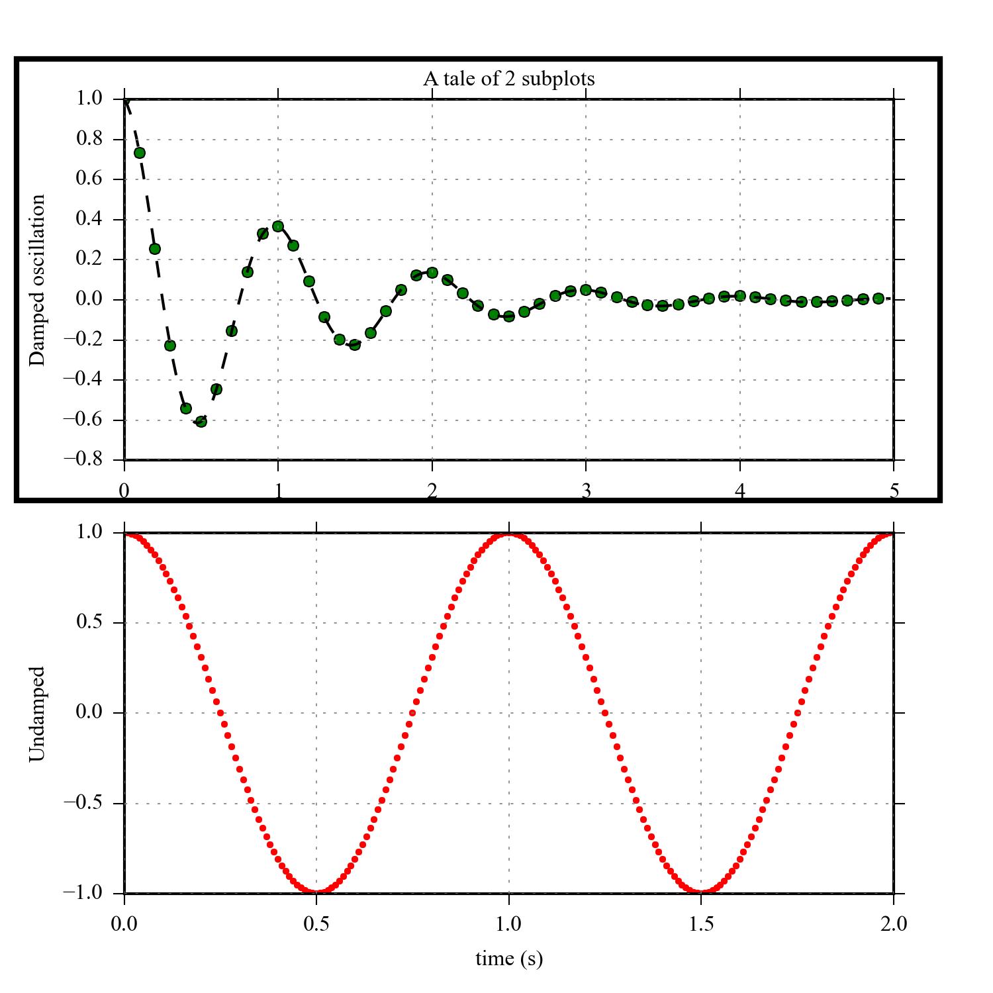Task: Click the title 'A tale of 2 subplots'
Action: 508,79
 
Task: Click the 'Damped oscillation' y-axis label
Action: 38,280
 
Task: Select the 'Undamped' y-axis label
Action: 38,714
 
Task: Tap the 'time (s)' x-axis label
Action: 508,958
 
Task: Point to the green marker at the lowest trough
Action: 201,421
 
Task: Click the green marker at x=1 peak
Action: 278,226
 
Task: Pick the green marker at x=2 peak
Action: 432,272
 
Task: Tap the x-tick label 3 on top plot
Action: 586,491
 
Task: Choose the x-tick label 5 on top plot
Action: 894,491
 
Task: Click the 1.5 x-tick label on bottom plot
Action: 701,923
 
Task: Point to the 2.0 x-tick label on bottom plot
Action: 894,923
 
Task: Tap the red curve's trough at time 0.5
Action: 316,892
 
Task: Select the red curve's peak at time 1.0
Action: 508,534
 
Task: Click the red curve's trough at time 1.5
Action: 701,892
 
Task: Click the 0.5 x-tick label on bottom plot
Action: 316,923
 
